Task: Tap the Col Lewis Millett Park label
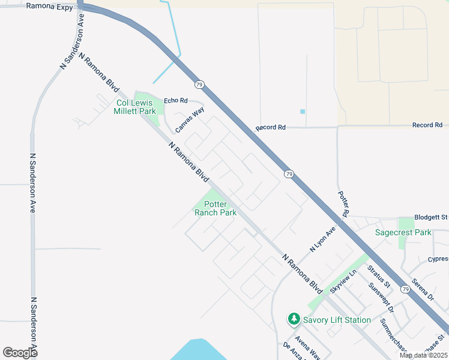(x=135, y=107)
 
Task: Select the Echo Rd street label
(x=176, y=101)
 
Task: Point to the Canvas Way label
(x=190, y=120)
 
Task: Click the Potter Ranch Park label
(x=215, y=208)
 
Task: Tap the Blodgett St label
(x=431, y=217)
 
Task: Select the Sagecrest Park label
(x=403, y=232)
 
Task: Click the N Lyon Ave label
(x=322, y=239)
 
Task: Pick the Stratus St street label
(x=379, y=276)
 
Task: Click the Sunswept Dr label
(x=382, y=298)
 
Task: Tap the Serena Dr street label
(x=422, y=289)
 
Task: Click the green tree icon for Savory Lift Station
(x=294, y=319)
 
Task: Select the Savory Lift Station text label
(x=337, y=320)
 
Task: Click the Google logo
(x=20, y=353)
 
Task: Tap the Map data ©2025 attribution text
(x=423, y=355)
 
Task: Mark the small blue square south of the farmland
(x=303, y=112)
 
